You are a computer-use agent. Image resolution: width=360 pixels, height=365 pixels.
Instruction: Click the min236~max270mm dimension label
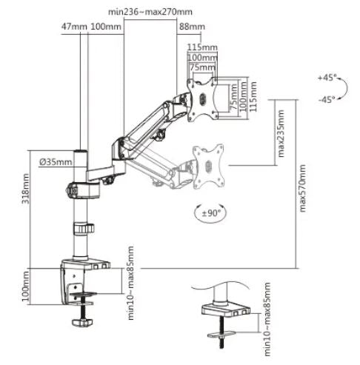click(x=150, y=12)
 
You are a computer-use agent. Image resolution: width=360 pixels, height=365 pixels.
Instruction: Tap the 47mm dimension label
click(x=74, y=27)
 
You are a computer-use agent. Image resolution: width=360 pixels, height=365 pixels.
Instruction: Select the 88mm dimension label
click(x=192, y=27)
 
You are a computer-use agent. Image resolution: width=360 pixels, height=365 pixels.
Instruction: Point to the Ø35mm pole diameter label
click(x=56, y=162)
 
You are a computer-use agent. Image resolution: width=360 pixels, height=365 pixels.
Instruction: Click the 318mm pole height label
click(x=26, y=189)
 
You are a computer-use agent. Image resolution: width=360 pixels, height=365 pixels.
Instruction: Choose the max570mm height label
click(x=302, y=188)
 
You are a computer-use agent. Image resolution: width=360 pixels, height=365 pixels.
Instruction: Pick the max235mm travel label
click(x=281, y=133)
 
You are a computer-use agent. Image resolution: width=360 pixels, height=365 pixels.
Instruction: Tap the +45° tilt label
click(x=327, y=78)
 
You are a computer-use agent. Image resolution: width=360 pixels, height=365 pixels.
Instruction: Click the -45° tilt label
click(x=327, y=99)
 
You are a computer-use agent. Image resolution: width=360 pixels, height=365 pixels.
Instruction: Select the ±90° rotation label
click(x=210, y=212)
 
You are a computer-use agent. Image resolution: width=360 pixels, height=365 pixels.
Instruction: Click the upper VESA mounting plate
click(x=202, y=99)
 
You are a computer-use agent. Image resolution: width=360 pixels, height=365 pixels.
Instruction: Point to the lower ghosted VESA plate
click(x=208, y=167)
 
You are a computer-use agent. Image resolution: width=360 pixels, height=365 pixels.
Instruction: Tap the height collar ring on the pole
click(x=84, y=229)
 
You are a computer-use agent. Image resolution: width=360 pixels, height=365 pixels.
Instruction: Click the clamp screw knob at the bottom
click(x=82, y=322)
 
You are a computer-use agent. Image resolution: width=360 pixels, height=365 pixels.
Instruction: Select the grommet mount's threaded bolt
click(x=221, y=332)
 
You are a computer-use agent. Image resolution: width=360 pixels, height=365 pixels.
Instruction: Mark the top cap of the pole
click(x=81, y=150)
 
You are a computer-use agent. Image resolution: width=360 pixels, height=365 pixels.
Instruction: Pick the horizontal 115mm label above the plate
click(x=202, y=47)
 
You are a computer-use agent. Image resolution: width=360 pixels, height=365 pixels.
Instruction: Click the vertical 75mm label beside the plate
click(x=233, y=97)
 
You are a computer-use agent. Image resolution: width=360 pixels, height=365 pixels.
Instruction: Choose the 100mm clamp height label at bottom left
click(x=26, y=286)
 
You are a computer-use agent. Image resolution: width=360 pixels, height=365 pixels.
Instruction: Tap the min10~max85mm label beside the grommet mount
click(x=267, y=319)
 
